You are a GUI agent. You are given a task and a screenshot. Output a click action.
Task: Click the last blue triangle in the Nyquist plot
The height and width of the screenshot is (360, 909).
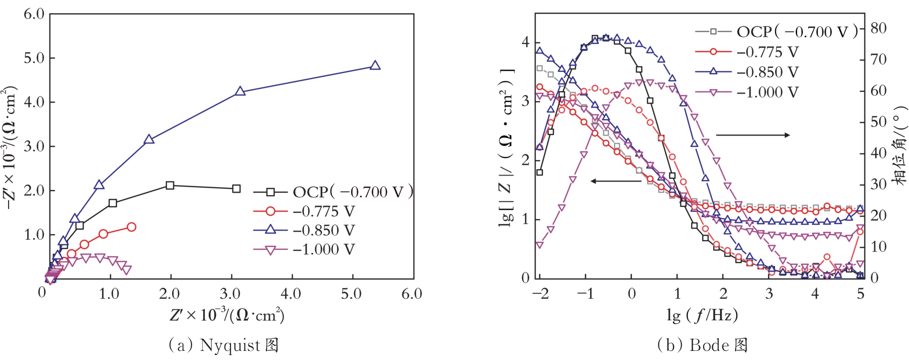tap(375, 66)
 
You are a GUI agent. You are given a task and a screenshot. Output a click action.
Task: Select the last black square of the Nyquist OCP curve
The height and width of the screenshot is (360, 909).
tap(236, 189)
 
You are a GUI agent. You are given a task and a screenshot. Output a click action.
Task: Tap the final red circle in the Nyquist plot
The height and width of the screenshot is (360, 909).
tap(131, 227)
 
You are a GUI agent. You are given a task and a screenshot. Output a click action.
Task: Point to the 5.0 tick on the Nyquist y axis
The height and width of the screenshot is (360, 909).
tap(34, 58)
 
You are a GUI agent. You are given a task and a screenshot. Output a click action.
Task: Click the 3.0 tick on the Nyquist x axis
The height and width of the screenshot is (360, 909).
tap(230, 294)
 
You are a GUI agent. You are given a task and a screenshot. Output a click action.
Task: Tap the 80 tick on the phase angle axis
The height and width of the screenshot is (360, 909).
tap(878, 28)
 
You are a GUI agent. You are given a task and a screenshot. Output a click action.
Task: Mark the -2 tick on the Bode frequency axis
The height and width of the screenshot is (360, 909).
tap(540, 294)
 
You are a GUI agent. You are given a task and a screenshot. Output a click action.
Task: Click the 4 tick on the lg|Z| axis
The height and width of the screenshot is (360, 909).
tap(526, 42)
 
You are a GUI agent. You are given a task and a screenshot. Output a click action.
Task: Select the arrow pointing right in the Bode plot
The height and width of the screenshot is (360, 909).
tap(753, 135)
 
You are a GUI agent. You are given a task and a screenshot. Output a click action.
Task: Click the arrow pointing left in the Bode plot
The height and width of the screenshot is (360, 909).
tap(615, 181)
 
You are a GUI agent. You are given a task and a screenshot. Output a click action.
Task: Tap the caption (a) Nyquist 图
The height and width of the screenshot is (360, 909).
tap(223, 345)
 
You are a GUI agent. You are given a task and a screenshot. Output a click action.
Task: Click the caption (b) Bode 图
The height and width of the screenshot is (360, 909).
tap(702, 345)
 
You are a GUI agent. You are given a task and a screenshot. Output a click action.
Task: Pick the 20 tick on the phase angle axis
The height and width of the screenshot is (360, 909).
tap(878, 215)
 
